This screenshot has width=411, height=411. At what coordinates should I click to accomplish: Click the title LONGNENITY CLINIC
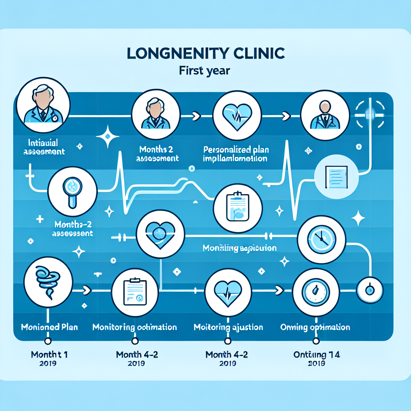coord(205,54)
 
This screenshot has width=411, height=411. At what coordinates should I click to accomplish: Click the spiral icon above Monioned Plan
coord(48,283)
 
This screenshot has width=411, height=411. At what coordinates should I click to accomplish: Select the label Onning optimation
coord(315,327)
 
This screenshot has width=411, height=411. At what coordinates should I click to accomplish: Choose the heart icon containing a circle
coord(160,234)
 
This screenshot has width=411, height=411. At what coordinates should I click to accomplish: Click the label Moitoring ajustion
coord(228,327)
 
